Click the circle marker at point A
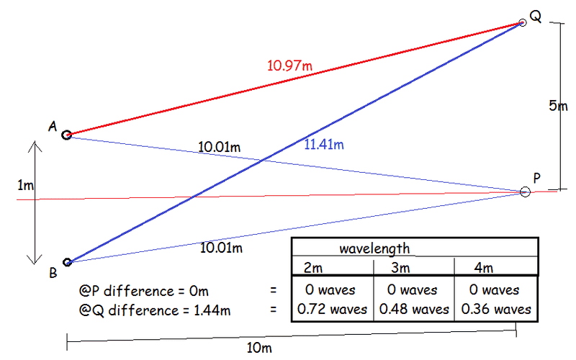click(66, 135)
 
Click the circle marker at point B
click(67, 263)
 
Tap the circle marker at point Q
click(523, 23)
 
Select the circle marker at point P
click(525, 192)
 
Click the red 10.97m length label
click(289, 66)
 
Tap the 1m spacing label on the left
click(25, 185)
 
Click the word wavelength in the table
click(374, 248)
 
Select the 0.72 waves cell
click(332, 310)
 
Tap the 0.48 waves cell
click(413, 310)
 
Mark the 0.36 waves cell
click(496, 310)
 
